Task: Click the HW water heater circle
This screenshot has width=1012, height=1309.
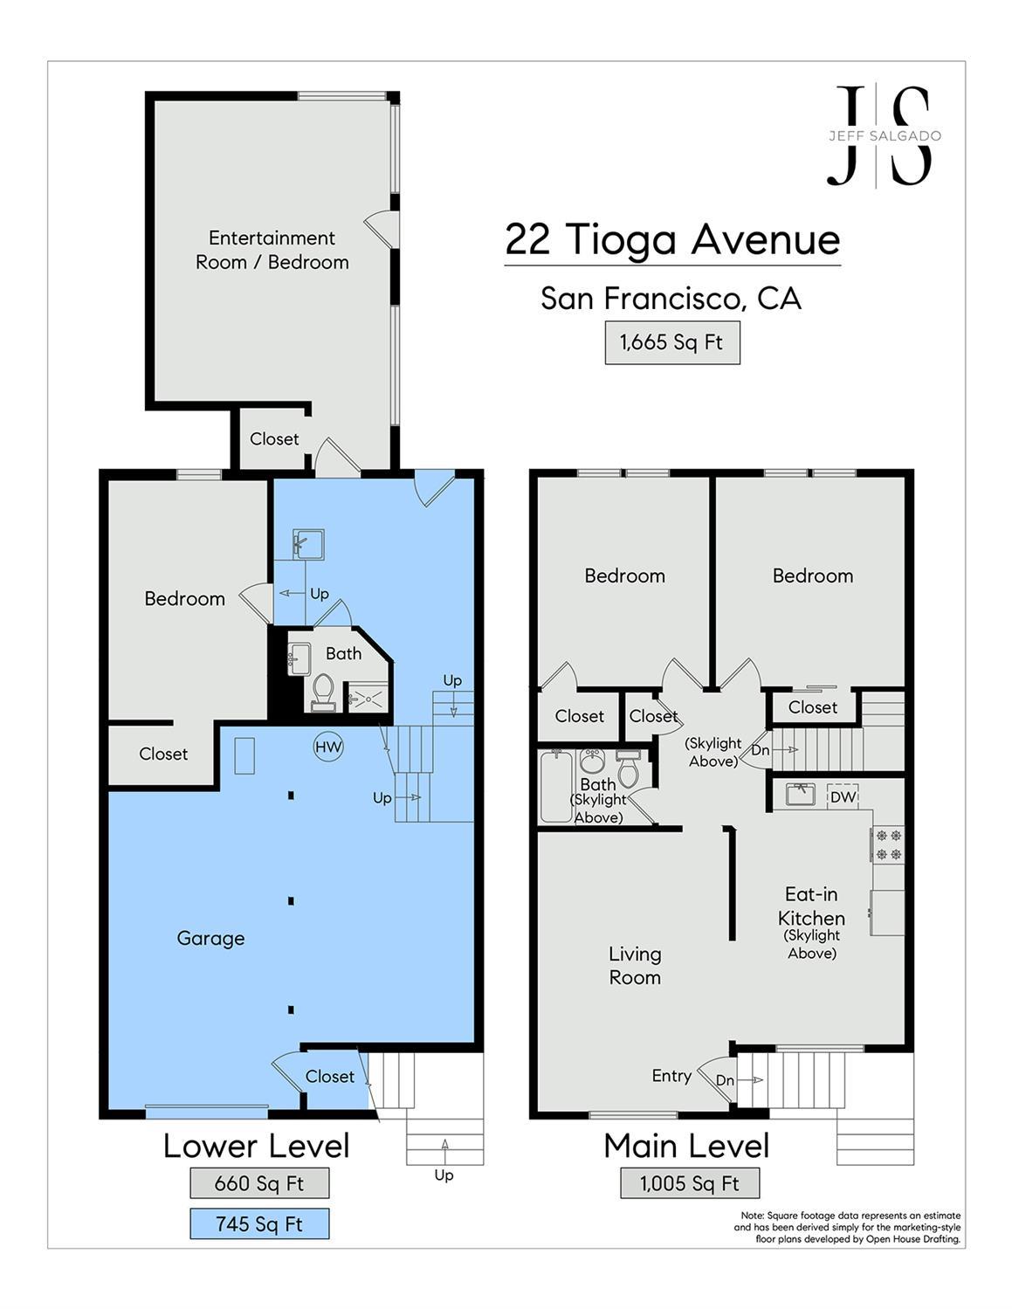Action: pos(328,748)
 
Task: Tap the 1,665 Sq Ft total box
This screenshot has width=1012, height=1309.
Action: pos(671,342)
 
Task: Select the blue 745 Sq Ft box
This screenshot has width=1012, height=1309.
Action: pos(259,1224)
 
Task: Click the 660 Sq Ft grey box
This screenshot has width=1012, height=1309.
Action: pos(259,1183)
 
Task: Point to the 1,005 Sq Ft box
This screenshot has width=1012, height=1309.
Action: pos(689,1183)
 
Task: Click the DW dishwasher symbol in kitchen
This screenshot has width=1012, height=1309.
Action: pos(843,796)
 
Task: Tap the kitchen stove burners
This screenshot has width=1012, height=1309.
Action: pos(888,844)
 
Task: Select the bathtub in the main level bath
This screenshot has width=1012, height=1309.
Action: pos(555,786)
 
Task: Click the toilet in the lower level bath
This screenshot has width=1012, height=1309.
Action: pos(322,689)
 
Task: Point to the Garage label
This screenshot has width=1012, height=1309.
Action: pos(210,939)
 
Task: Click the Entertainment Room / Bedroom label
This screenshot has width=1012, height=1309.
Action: pos(272,250)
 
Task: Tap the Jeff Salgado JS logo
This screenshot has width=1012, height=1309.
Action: pos(883,136)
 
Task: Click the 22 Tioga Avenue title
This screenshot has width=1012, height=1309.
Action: pos(672,239)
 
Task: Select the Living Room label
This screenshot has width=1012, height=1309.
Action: pos(635,966)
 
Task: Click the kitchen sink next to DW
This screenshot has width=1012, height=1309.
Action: pos(800,795)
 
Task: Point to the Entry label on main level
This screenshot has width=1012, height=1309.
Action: pos(671,1076)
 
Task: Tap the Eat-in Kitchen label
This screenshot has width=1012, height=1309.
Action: pos(811,906)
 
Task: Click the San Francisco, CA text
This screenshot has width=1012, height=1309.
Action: pos(671,299)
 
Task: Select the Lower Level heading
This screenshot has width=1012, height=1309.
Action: pos(256,1146)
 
